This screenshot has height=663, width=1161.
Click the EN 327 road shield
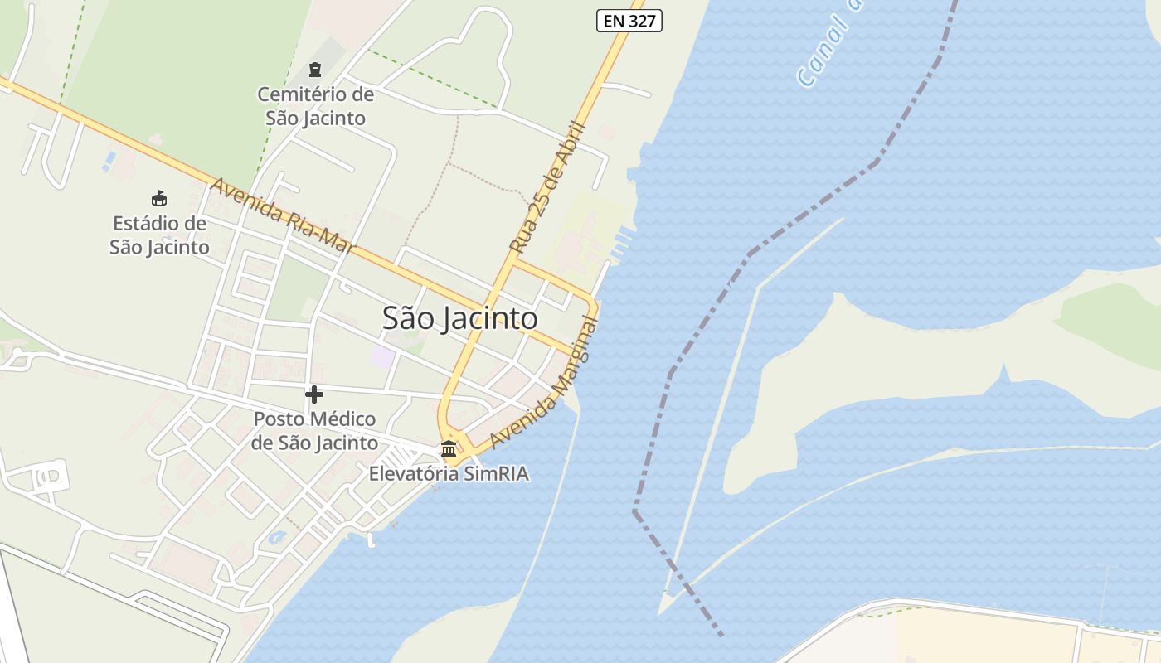click(629, 21)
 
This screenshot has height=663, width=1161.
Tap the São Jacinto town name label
click(459, 318)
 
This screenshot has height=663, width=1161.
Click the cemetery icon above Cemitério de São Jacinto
click(314, 70)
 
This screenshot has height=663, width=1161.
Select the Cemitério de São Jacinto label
click(315, 106)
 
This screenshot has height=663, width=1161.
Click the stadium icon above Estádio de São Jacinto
click(158, 199)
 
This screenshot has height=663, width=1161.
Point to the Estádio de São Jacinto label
click(159, 235)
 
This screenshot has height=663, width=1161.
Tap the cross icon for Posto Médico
click(314, 394)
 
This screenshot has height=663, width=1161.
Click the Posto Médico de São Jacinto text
click(314, 431)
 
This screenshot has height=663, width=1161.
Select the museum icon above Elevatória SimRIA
click(449, 449)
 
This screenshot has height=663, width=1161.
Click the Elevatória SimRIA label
click(449, 474)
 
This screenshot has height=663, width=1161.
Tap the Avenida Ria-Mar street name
click(282, 215)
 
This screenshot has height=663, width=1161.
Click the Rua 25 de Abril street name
click(547, 189)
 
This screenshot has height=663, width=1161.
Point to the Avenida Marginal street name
click(543, 383)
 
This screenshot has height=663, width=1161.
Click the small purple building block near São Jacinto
click(382, 358)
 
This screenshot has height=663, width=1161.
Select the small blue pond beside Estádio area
click(109, 160)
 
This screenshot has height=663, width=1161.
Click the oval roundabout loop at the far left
click(48, 477)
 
